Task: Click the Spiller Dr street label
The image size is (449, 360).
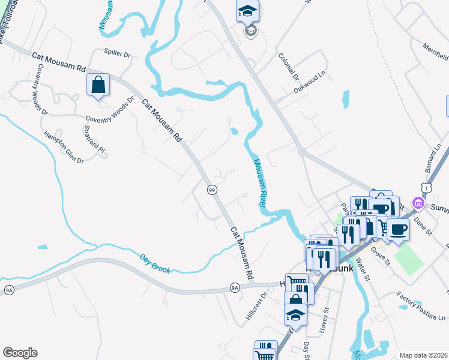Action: point(117,53)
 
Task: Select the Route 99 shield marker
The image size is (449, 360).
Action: point(211,190)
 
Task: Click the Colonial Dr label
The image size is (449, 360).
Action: point(289,66)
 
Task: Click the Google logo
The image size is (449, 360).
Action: point(19,353)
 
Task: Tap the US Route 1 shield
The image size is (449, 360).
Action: point(425,188)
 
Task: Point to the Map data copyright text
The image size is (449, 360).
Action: point(423,355)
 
